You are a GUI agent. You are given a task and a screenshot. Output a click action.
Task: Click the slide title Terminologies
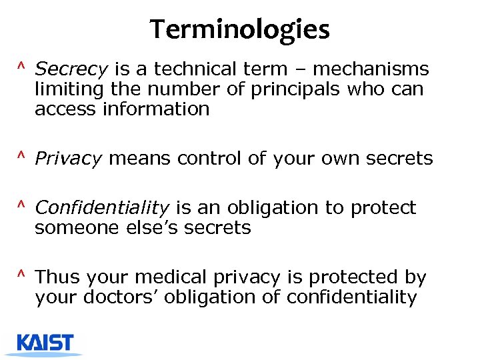coord(240,29)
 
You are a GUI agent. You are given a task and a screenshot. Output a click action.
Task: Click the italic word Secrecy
coord(71,69)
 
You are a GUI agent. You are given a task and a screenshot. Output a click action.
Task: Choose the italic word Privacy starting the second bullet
coord(68,159)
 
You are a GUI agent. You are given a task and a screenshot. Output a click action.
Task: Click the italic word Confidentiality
coord(101,208)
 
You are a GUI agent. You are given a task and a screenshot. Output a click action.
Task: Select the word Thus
coord(56,277)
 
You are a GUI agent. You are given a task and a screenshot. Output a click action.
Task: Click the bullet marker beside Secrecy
coord(22,67)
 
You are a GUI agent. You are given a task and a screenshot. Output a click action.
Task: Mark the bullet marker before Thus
coord(22,276)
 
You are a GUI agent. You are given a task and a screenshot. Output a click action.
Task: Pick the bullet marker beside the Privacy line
coord(22,157)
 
